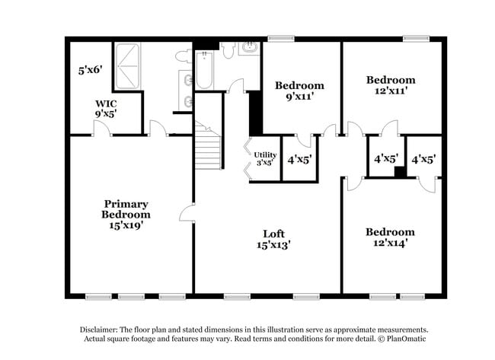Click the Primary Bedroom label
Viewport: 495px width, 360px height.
tap(126, 214)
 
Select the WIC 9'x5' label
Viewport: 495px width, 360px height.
tap(105, 108)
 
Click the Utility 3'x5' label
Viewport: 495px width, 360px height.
tap(265, 158)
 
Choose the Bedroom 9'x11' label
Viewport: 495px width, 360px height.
tap(299, 91)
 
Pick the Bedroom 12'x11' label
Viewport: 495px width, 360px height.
tap(391, 84)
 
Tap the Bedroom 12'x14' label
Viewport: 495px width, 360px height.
tap(390, 237)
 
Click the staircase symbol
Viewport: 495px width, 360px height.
tap(207, 146)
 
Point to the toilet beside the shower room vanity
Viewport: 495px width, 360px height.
tap(183, 56)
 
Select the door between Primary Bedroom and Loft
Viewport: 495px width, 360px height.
tap(187, 213)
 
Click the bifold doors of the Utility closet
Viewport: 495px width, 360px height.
tap(248, 158)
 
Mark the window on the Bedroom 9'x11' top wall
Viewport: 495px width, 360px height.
tap(281, 37)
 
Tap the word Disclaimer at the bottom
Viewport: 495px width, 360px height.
tap(104, 330)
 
